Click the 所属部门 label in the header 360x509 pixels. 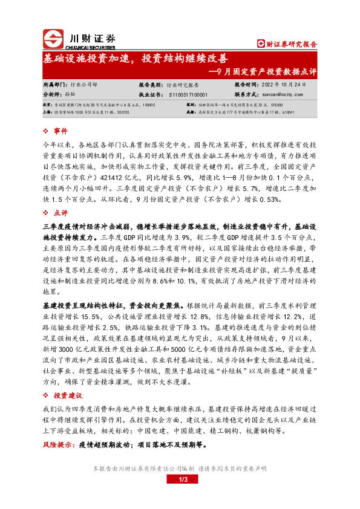click(x=56, y=85)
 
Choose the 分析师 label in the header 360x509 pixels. click(x=53, y=95)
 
